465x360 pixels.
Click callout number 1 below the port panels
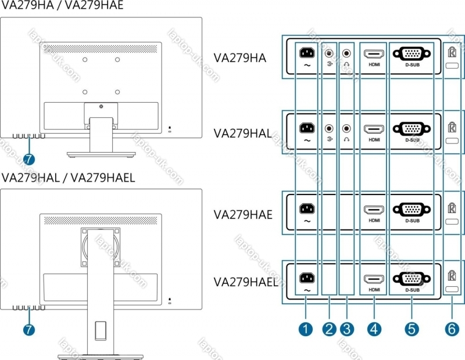[305, 329]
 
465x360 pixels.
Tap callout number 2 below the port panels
[330, 329]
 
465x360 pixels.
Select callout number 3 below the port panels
[347, 329]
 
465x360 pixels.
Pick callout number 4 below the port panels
[374, 329]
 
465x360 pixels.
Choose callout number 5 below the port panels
[412, 329]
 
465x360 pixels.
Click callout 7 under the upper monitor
[29, 158]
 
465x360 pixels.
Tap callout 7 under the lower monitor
[29, 329]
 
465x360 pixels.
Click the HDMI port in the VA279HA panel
[374, 55]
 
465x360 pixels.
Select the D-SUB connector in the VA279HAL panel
[412, 129]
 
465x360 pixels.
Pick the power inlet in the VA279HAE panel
[306, 208]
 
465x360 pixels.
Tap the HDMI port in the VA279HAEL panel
[374, 278]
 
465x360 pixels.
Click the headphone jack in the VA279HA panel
[347, 53]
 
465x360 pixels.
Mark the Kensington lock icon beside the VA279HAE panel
[452, 207]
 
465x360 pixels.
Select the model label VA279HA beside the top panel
[239, 58]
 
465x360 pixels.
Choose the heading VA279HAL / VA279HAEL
[68, 178]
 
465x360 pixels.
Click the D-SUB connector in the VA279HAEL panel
[412, 279]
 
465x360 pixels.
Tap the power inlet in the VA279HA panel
[306, 53]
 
